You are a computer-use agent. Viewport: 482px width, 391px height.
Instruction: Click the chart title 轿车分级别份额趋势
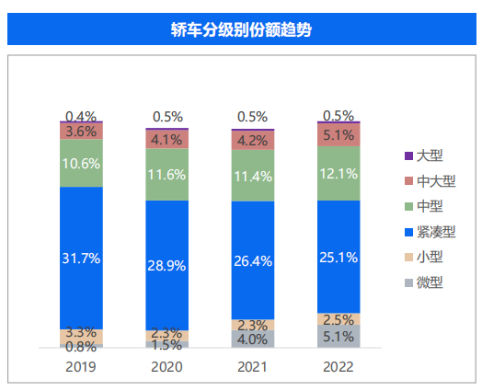tap(241, 29)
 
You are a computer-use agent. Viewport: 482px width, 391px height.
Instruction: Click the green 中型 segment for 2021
tap(252, 175)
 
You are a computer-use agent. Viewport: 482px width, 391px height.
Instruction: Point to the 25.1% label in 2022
tap(339, 257)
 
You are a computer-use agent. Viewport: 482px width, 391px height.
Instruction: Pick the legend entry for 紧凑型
tap(434, 232)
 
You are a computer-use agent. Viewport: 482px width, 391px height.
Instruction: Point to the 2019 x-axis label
tap(81, 365)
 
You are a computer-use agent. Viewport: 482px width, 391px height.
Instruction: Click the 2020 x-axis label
tap(166, 365)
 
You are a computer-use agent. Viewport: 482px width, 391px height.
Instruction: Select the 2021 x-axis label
tap(252, 365)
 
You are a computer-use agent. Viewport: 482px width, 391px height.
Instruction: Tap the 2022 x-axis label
tap(339, 365)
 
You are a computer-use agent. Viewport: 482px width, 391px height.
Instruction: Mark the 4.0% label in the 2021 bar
tap(252, 339)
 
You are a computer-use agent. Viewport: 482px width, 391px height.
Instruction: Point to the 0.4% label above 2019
tap(81, 117)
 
